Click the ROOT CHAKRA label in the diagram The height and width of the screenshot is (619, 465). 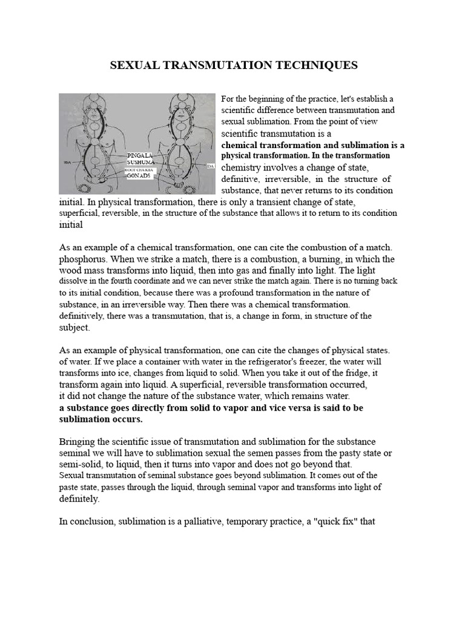tap(140, 170)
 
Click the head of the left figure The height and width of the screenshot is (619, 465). tap(99, 103)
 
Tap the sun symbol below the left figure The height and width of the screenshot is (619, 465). tap(99, 182)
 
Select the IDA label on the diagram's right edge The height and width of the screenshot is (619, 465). tap(210, 166)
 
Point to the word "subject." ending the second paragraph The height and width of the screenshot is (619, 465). tap(74, 328)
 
